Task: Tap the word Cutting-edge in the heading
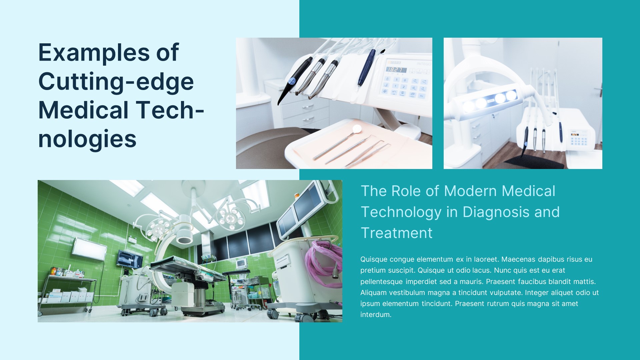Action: tap(116, 82)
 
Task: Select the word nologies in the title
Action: tap(87, 139)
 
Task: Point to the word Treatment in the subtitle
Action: tap(397, 233)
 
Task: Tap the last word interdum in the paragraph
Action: tap(376, 315)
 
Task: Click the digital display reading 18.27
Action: tap(396, 70)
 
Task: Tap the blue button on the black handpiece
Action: tap(292, 80)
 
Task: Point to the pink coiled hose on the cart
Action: tap(325, 263)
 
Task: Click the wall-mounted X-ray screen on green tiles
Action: tap(130, 259)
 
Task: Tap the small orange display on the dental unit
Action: tap(575, 134)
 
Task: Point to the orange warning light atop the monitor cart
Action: tap(297, 195)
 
